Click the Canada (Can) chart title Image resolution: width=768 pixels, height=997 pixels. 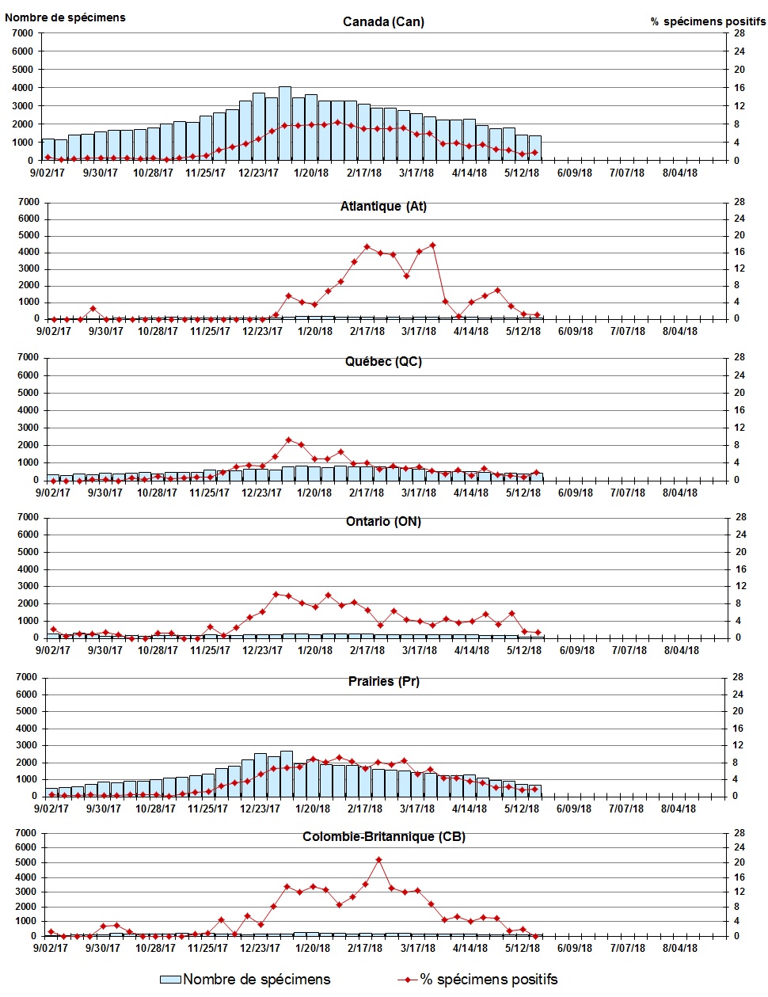[x=383, y=21]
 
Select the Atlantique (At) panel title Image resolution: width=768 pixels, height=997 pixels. [x=383, y=207]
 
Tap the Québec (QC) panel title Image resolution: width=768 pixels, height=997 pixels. [x=383, y=362]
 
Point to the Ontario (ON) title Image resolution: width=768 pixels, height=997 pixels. [x=383, y=522]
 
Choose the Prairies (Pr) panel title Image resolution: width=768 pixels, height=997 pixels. [x=383, y=682]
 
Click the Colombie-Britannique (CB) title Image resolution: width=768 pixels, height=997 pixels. [x=383, y=837]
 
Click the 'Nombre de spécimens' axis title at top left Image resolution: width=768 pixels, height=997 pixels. [x=65, y=17]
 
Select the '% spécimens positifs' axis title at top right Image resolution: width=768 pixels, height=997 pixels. [x=708, y=21]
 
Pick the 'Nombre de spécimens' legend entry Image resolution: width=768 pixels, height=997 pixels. [x=245, y=980]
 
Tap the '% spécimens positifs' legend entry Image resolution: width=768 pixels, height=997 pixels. [x=478, y=980]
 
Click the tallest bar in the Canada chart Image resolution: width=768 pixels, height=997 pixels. [x=285, y=124]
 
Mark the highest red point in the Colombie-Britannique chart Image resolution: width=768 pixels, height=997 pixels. [x=378, y=860]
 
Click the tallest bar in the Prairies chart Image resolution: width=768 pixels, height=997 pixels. [x=287, y=774]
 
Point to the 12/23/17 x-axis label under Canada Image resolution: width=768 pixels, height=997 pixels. [x=260, y=173]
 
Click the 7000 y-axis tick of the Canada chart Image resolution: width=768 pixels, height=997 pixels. [x=23, y=33]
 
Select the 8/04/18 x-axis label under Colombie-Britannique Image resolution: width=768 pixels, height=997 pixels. [x=679, y=948]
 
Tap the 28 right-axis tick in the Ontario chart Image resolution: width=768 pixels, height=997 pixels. [x=741, y=517]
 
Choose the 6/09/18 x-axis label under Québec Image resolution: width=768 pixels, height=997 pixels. [x=575, y=493]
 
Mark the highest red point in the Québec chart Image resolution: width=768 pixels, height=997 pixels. [x=288, y=440]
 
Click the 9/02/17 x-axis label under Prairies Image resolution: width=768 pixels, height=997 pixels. [x=51, y=809]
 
